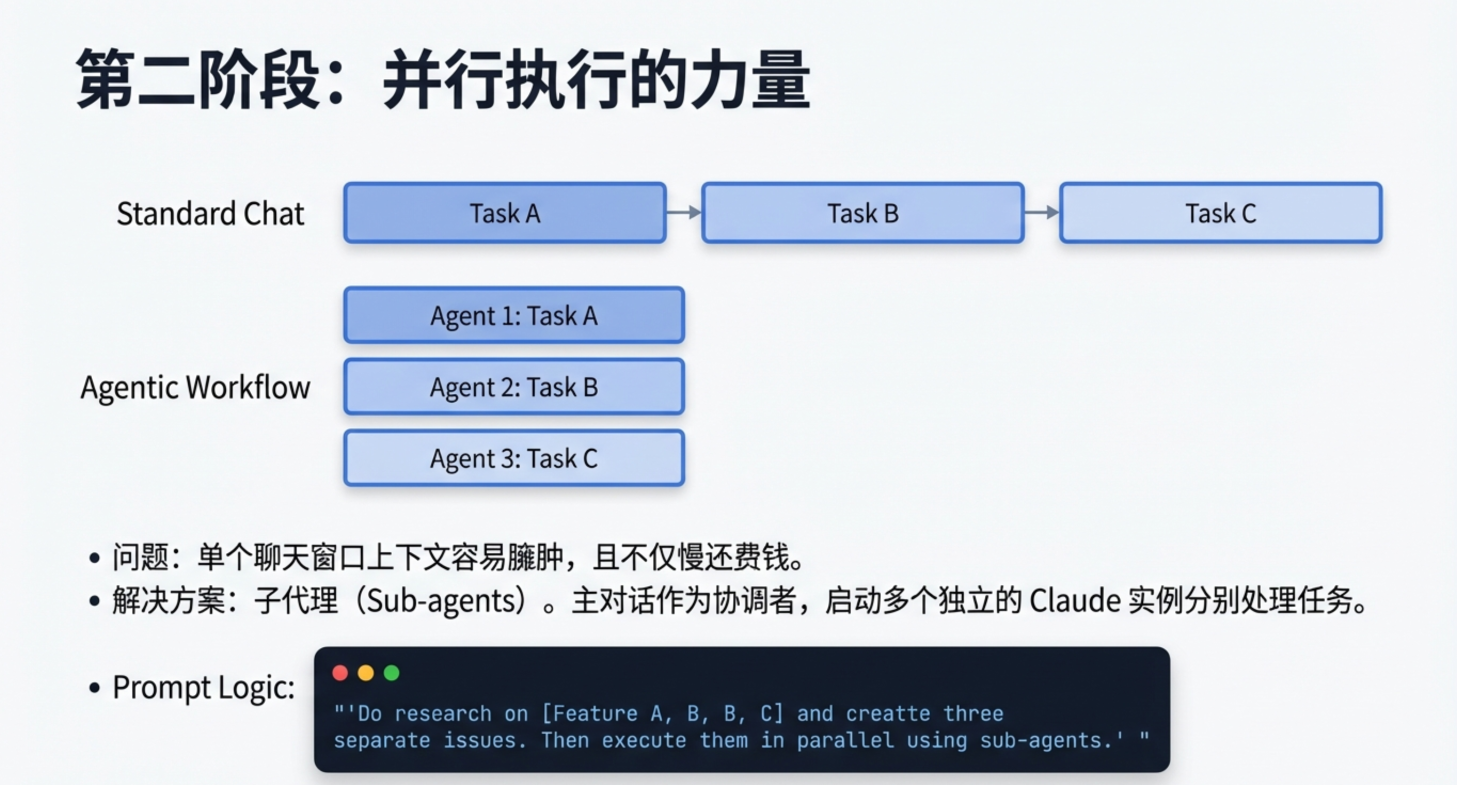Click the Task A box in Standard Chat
(504, 213)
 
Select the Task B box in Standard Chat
(862, 213)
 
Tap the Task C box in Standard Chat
(1220, 213)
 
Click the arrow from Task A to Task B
(684, 212)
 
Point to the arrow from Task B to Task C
(1042, 212)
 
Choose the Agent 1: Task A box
(513, 315)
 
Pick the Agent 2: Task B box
(513, 387)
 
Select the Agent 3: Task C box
(513, 458)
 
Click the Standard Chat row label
(210, 214)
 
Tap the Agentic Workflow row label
(195, 387)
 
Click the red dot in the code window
(340, 673)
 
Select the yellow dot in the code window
(366, 673)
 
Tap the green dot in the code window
(391, 673)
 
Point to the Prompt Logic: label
(203, 687)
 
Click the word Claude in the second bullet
(1074, 600)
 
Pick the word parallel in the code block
(845, 740)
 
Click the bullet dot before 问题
(94, 558)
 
